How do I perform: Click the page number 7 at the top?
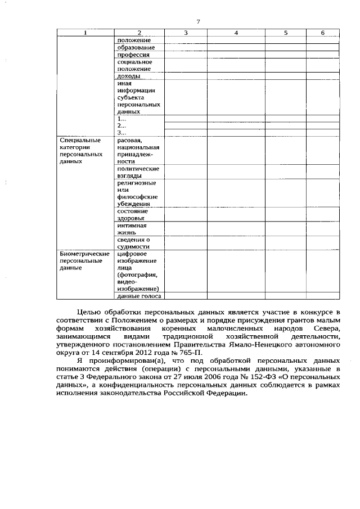pos(198,22)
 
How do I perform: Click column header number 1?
pos(85,33)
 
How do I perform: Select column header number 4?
pos(236,33)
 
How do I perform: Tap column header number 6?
pos(323,33)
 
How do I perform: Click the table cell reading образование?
pos(133,48)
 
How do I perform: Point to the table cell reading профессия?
pos(133,55)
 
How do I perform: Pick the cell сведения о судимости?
pos(133,243)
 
